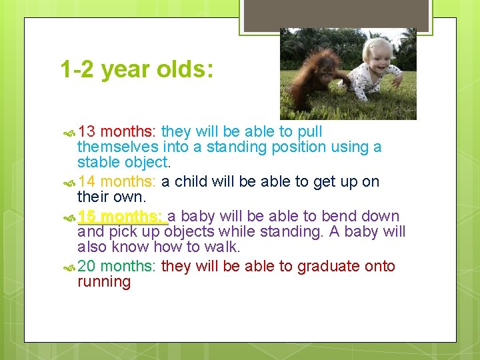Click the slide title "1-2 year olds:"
pyautogui.click(x=137, y=70)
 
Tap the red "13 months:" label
pyautogui.click(x=117, y=131)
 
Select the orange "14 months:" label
pyautogui.click(x=117, y=181)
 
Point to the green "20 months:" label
pyautogui.click(x=117, y=266)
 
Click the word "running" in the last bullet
pyautogui.click(x=104, y=281)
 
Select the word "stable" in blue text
pyautogui.click(x=98, y=162)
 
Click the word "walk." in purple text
pyautogui.click(x=223, y=247)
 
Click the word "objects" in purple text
pyautogui.click(x=189, y=232)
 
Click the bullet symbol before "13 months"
pyautogui.click(x=69, y=133)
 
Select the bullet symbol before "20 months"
pyautogui.click(x=69, y=268)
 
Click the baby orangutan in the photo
pyautogui.click(x=317, y=79)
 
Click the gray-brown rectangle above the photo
pyautogui.click(x=336, y=15)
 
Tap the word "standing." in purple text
pyautogui.click(x=291, y=232)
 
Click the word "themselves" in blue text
pyautogui.click(x=118, y=147)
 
